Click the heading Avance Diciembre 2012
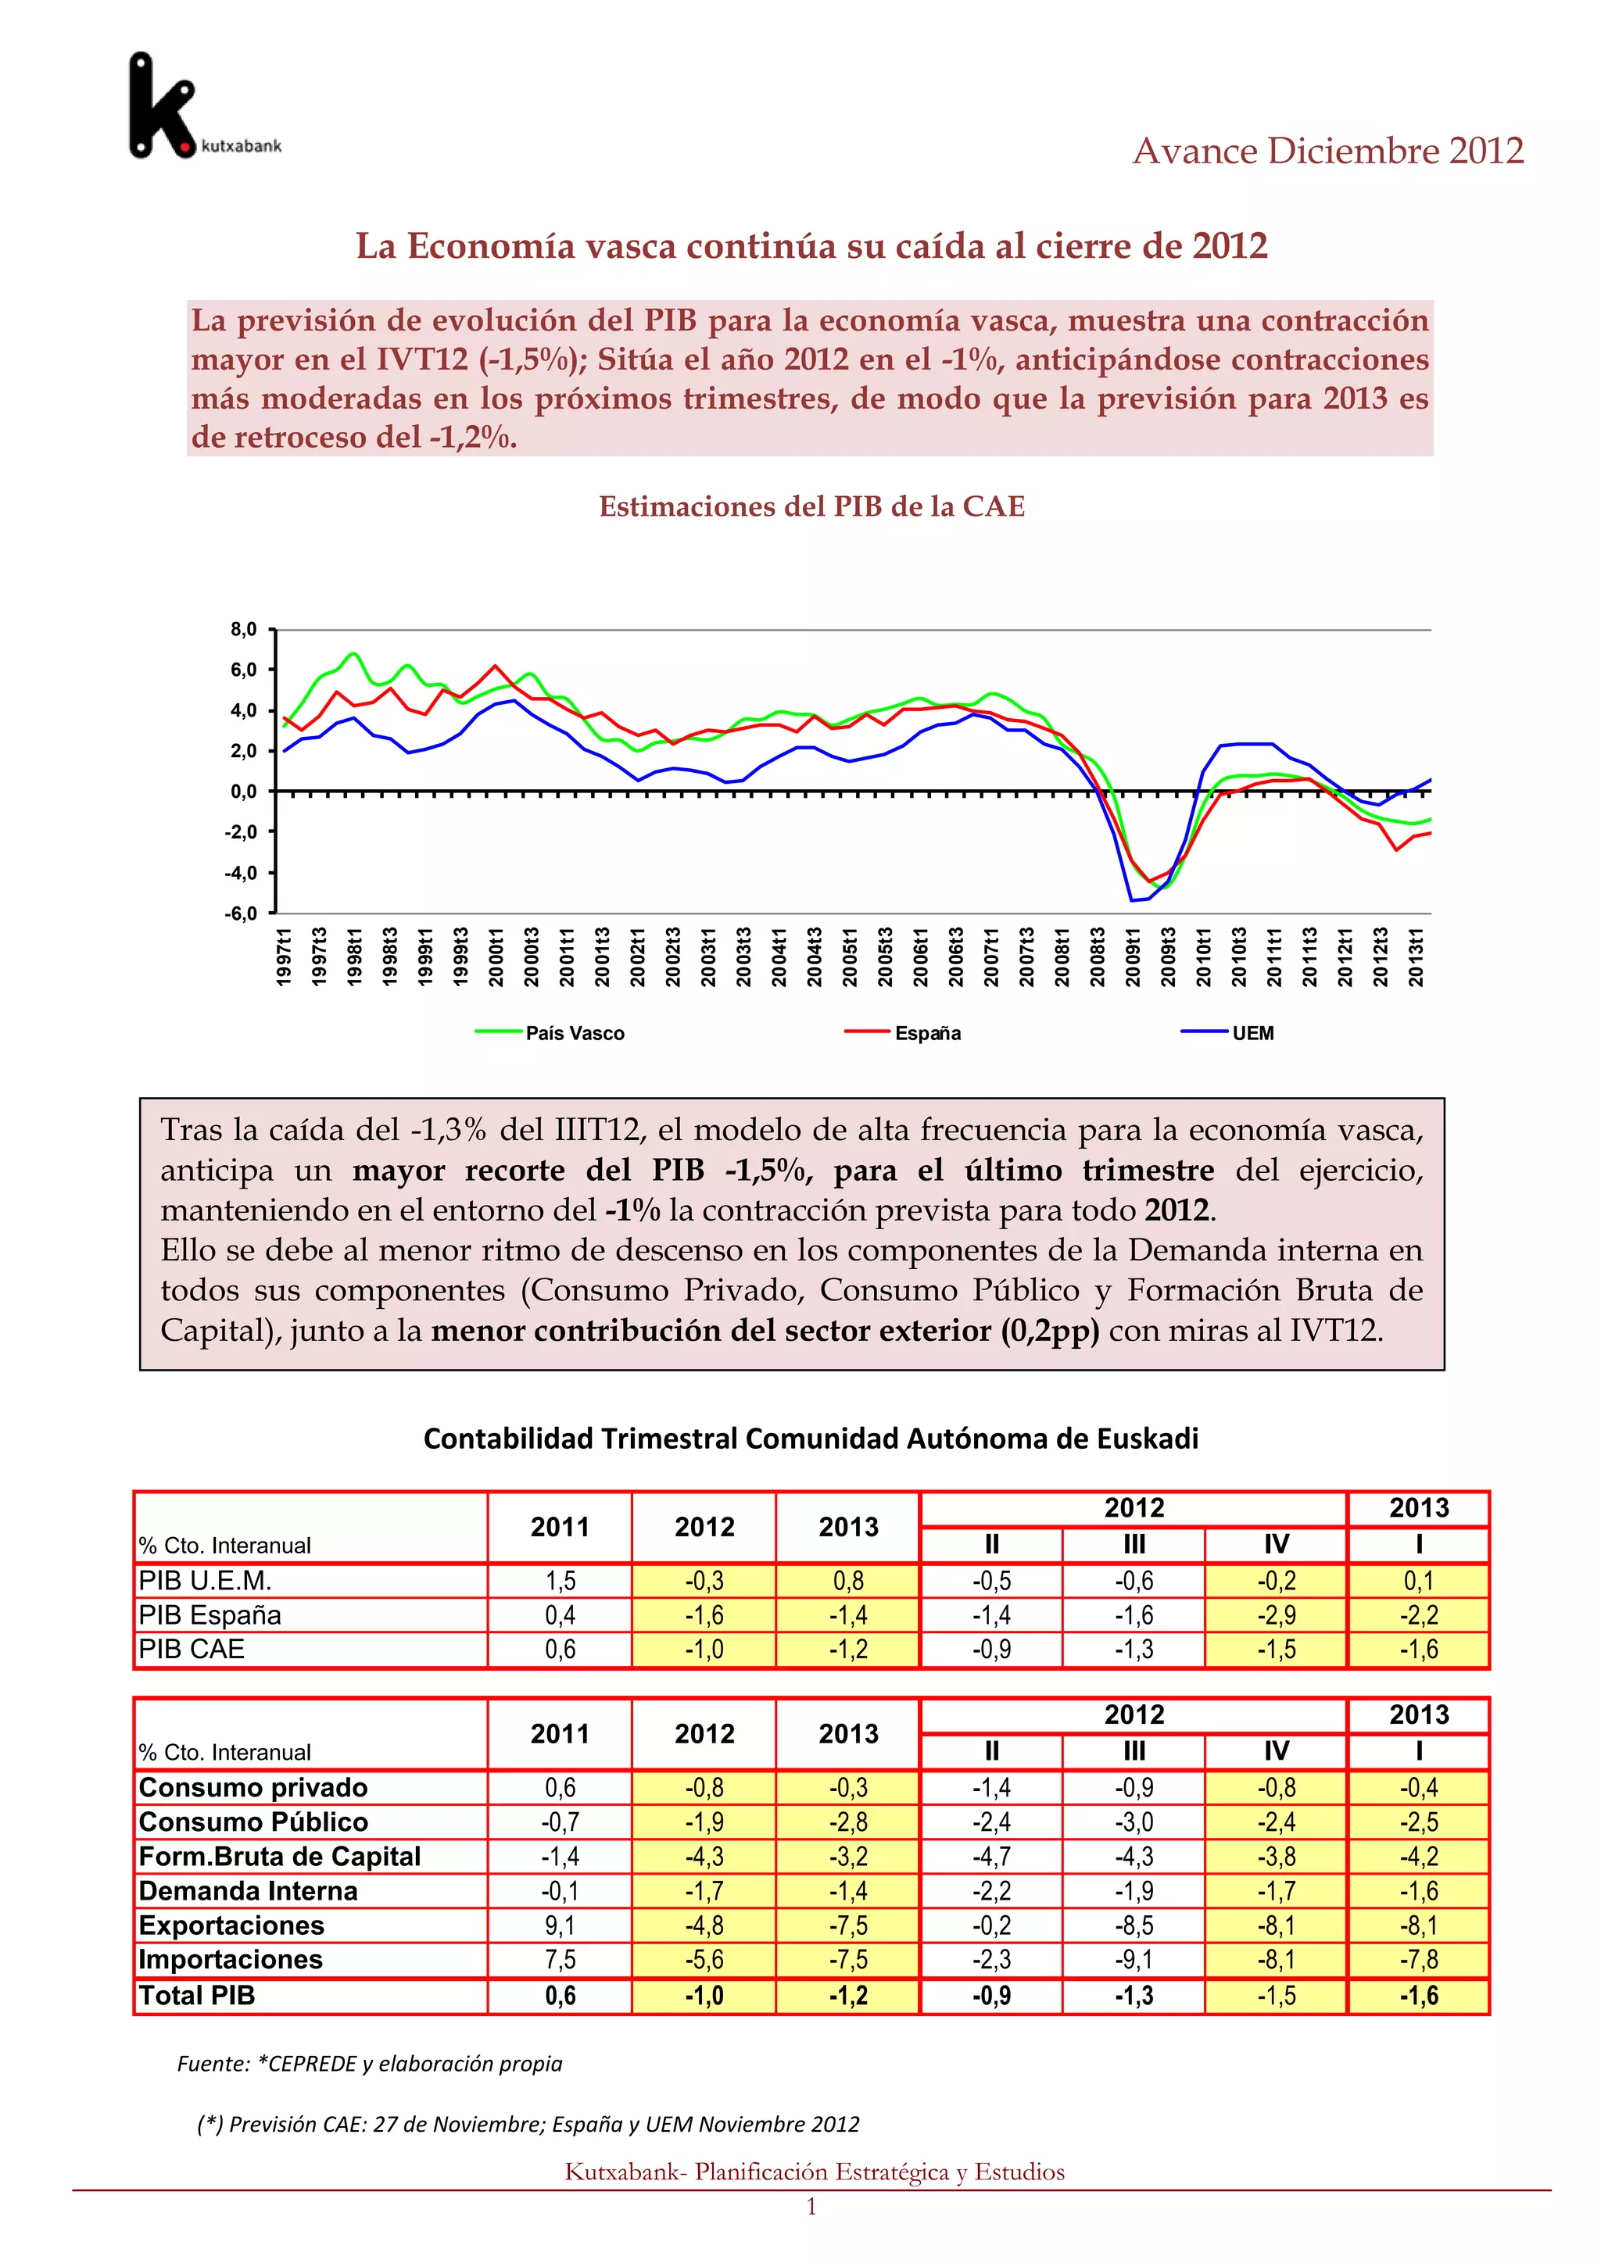[x=1327, y=151]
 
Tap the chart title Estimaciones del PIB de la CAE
[x=811, y=506]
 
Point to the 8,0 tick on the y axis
[x=242, y=629]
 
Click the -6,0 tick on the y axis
[x=241, y=913]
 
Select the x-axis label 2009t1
[x=1133, y=956]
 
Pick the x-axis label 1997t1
[x=284, y=956]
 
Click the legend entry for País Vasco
[x=574, y=1033]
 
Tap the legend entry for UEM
[x=1252, y=1033]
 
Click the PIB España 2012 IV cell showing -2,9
[x=1276, y=1615]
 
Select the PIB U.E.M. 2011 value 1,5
[x=560, y=1581]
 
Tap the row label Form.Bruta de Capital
[x=280, y=1856]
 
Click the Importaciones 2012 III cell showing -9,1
[x=1134, y=1960]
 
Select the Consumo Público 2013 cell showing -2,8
[x=848, y=1821]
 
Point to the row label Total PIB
[x=197, y=1995]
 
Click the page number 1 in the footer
[x=811, y=2207]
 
